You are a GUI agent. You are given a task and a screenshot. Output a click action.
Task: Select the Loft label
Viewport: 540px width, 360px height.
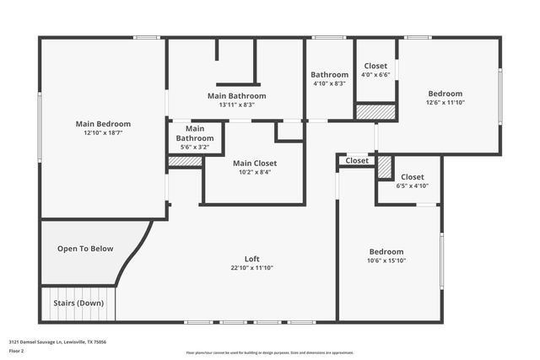252,258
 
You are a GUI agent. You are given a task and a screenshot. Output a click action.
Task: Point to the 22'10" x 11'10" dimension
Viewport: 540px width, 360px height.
252,267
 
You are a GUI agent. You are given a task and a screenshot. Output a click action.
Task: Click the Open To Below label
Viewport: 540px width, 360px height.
85,249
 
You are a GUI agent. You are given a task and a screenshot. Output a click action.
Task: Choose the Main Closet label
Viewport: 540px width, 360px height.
255,163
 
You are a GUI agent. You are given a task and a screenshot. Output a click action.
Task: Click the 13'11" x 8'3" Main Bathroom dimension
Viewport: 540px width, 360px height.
236,105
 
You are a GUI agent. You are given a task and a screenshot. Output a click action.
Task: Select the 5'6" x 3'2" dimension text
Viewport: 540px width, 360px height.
194,147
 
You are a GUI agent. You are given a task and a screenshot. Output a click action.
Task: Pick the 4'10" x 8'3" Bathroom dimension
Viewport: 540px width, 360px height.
329,83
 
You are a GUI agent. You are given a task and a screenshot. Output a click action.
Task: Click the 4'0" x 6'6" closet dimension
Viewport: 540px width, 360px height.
375,75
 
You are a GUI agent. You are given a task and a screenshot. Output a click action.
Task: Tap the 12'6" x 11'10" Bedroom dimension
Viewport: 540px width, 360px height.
445,103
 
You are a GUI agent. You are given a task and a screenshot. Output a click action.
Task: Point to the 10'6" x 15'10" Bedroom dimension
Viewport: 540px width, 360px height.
386,261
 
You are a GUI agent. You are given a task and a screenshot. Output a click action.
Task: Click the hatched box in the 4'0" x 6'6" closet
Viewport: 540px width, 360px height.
375,111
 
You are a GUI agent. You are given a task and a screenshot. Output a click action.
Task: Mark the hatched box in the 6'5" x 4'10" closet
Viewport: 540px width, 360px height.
385,167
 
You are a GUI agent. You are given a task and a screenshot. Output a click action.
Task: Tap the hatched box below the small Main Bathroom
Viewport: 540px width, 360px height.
185,161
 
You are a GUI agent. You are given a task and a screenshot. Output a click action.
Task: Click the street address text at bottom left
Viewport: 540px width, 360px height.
58,342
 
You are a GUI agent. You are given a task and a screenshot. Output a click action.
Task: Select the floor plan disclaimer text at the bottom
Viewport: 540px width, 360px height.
270,353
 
